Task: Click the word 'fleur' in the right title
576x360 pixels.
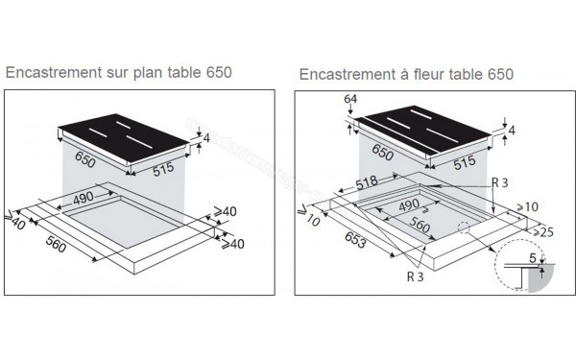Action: pos(432,74)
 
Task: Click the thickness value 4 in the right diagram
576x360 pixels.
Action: pos(515,130)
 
